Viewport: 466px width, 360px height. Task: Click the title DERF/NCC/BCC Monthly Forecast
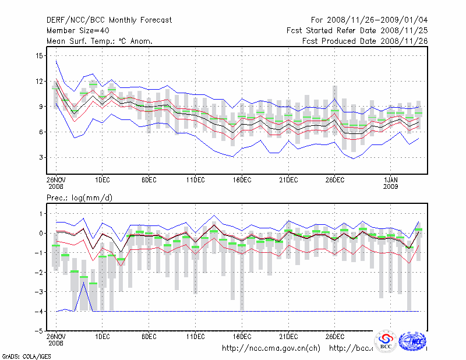[109, 20]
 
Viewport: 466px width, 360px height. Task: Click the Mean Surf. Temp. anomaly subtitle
[100, 41]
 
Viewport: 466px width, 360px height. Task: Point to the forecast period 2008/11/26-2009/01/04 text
[369, 20]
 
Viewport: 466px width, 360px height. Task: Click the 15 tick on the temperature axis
[39, 55]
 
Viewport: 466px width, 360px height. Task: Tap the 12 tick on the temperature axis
[39, 81]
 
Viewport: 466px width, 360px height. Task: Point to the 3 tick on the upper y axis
[41, 157]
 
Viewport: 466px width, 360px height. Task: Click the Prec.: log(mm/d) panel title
[79, 198]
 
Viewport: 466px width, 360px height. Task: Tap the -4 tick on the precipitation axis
[38, 311]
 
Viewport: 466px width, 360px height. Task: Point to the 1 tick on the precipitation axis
[41, 214]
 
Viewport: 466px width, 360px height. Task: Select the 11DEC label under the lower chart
[195, 336]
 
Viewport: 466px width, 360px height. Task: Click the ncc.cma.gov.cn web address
[271, 348]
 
